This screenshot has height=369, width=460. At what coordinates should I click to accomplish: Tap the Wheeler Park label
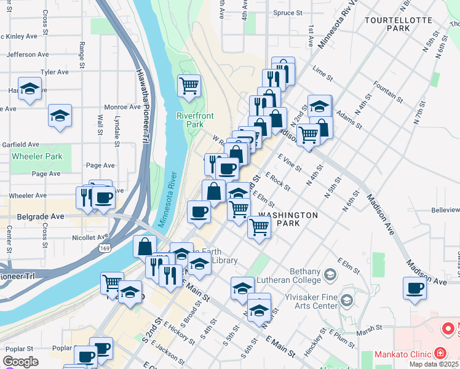point(37,156)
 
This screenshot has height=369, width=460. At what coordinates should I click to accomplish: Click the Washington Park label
point(288,219)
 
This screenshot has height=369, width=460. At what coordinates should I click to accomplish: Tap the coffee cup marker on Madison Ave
point(414,288)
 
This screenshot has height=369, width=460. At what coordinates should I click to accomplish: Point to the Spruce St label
point(288,12)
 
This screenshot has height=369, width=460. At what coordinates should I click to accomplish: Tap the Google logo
point(20,362)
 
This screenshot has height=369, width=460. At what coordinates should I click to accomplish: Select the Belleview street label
point(445,210)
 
